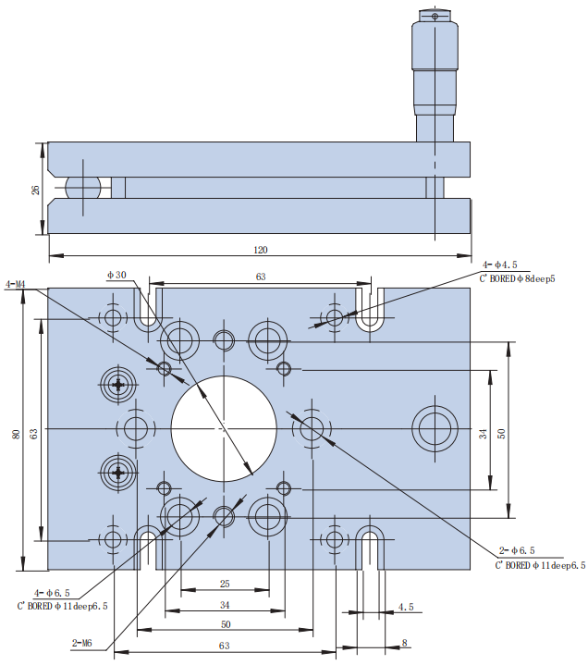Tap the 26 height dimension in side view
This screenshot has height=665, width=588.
(x=35, y=190)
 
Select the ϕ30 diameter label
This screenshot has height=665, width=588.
(x=116, y=275)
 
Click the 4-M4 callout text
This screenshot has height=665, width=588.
(x=14, y=284)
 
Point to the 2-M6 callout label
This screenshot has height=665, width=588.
(x=82, y=642)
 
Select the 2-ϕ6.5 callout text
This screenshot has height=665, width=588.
(x=517, y=550)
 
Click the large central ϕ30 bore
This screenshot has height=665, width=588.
(x=224, y=428)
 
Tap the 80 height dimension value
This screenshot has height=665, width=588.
(x=16, y=432)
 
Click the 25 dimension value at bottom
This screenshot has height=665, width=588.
(x=224, y=583)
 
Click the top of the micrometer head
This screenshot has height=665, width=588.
(x=435, y=16)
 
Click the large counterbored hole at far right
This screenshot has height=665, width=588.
(x=435, y=429)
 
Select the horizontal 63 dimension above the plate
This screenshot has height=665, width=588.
(x=261, y=276)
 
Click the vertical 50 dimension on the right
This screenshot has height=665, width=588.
(x=501, y=432)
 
